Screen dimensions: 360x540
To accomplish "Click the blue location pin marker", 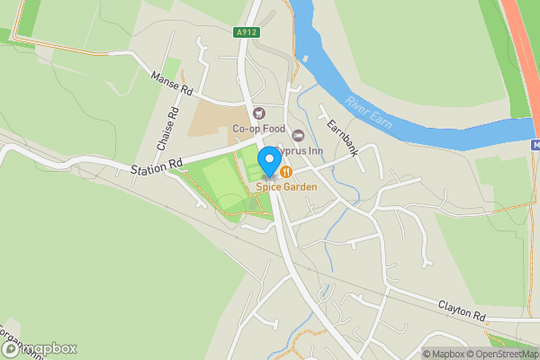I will pyautogui.click(x=268, y=163).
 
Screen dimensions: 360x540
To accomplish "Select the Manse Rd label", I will pyautogui.click(x=173, y=84).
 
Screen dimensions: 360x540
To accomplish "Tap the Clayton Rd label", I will pyautogui.click(x=463, y=311).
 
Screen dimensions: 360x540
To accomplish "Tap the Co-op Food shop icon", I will pyautogui.click(x=261, y=113).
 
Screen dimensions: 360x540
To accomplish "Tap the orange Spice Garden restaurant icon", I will pyautogui.click(x=285, y=171).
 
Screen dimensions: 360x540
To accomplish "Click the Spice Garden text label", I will pyautogui.click(x=286, y=186).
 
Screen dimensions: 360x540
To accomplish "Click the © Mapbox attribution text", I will pyautogui.click(x=445, y=353).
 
